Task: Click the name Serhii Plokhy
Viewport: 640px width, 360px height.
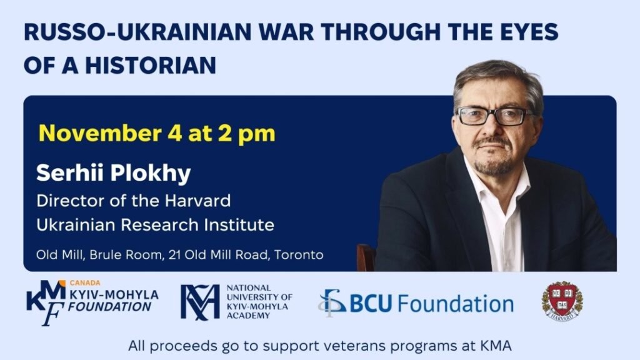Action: tap(114, 173)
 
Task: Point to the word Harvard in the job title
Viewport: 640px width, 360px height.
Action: tap(197, 201)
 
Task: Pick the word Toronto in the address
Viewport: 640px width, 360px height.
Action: tap(299, 255)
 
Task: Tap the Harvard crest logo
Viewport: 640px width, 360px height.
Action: tap(562, 301)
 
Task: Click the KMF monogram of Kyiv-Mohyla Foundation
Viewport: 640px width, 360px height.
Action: tap(45, 302)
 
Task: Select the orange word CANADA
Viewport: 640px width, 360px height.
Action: tap(85, 283)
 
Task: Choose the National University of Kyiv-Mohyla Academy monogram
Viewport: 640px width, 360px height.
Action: tap(200, 302)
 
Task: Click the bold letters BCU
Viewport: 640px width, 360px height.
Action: tap(371, 304)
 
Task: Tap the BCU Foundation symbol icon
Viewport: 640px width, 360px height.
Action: tap(332, 303)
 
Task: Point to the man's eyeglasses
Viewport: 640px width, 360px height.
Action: tap(495, 116)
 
